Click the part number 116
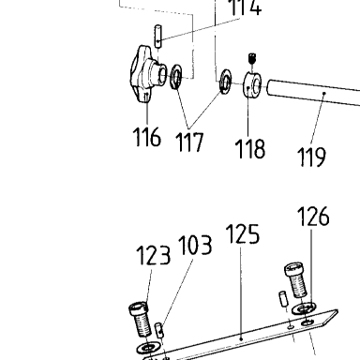[147, 137]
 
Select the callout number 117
[189, 142]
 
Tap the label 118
[250, 148]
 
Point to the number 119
[311, 157]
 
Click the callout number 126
[313, 217]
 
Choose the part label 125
[243, 233]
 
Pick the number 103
[195, 246]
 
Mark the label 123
[154, 255]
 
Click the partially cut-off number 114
[246, 7]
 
